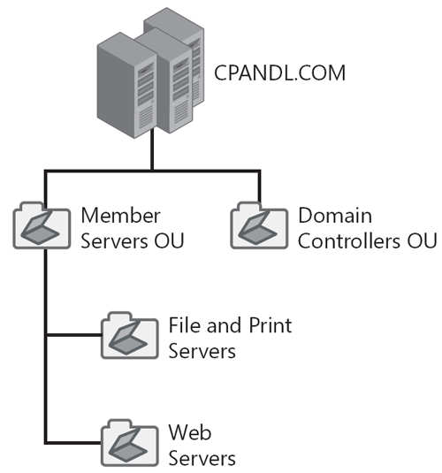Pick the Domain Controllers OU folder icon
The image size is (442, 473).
(258, 226)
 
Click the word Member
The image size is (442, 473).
(120, 216)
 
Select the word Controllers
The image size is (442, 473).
(353, 240)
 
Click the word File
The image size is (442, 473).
(183, 325)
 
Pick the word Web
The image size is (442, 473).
(187, 433)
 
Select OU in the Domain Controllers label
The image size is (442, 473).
(423, 240)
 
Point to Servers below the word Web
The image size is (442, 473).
(202, 458)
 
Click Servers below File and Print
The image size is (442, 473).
(202, 350)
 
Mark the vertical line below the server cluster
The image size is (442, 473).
(152, 150)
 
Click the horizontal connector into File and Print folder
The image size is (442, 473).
(72, 335)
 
